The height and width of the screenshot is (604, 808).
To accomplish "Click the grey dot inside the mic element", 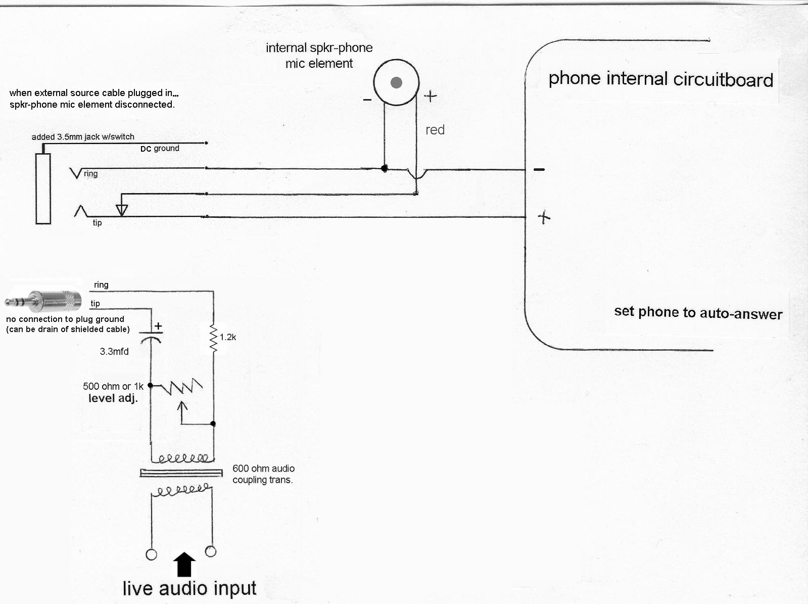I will (x=397, y=82).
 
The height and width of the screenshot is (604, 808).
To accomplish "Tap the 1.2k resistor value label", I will (x=228, y=337).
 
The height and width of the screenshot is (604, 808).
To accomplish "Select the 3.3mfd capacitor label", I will (x=114, y=351).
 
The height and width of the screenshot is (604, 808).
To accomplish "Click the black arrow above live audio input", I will (x=184, y=564).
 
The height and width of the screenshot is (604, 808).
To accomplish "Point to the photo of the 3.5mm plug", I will (x=43, y=301).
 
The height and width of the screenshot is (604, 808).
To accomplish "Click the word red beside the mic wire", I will (x=435, y=130).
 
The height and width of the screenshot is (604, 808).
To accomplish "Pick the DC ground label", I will (x=160, y=149).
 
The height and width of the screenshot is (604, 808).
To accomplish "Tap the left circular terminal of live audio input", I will (x=151, y=554).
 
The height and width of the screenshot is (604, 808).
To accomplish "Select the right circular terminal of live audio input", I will (x=211, y=551).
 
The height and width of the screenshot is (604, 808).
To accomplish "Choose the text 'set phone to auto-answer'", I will (x=698, y=312).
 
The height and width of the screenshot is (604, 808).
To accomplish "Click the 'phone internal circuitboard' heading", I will (x=660, y=79).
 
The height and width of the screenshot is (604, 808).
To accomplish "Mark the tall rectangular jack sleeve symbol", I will (x=43, y=188).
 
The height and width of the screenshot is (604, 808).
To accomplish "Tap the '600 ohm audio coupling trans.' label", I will (x=263, y=474).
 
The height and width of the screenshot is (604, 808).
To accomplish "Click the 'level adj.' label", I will (x=113, y=398).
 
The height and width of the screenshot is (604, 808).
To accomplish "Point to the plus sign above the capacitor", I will (x=158, y=326).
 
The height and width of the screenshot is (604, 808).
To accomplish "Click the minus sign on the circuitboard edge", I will (x=539, y=169).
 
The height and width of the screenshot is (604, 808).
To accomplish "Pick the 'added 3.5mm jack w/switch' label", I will (x=83, y=137).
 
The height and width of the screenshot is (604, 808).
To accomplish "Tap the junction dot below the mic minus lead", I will (x=385, y=168).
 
